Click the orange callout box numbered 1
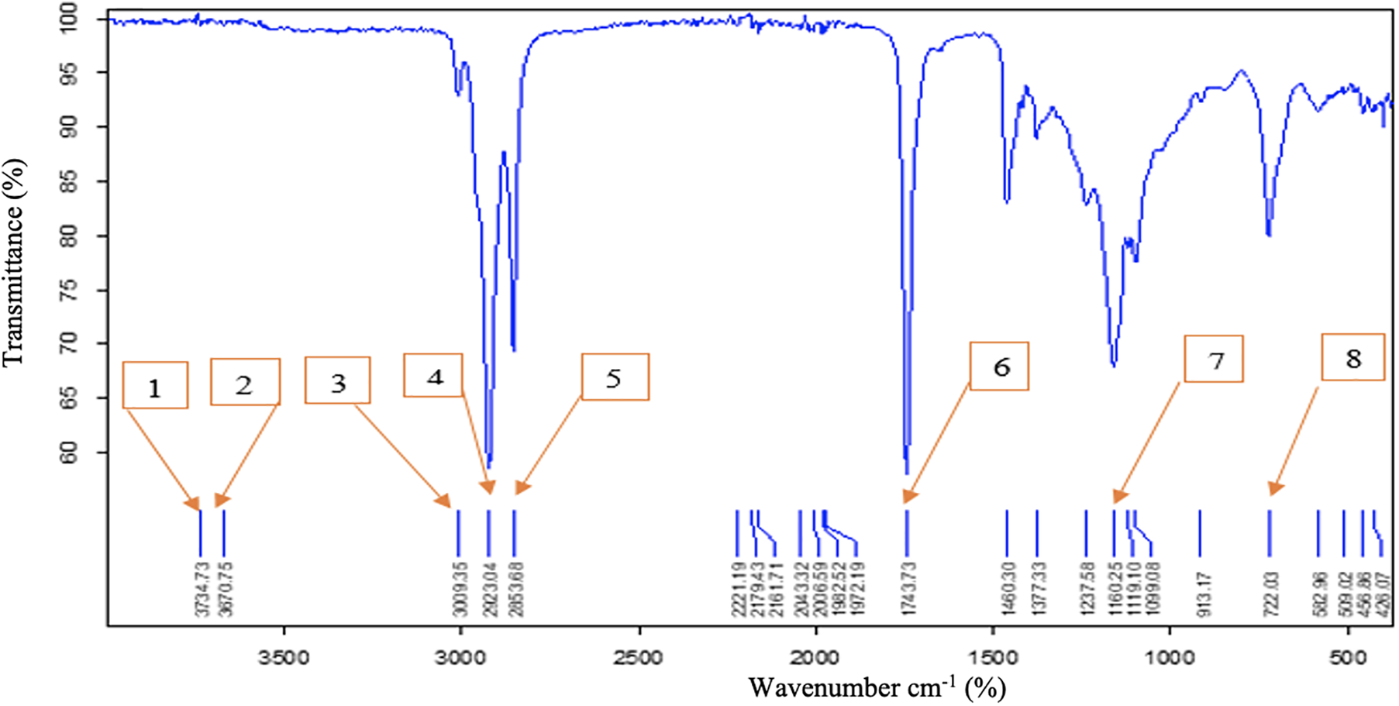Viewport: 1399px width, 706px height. [155, 385]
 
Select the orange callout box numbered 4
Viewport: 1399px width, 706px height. [433, 376]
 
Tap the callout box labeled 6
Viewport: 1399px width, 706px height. [1000, 366]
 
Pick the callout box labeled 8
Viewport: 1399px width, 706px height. [1352, 357]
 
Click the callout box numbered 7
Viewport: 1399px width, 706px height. [1214, 359]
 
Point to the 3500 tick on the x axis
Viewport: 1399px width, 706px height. [284, 658]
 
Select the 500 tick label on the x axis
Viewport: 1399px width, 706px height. [1348, 658]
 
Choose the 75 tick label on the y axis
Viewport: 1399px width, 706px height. [70, 291]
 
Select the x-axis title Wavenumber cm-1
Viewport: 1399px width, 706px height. [877, 687]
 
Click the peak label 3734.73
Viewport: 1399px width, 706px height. [203, 589]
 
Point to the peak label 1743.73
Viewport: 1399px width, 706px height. [908, 589]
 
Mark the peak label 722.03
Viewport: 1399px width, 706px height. [1270, 594]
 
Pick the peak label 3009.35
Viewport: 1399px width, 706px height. [460, 589]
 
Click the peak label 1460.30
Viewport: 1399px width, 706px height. [1008, 589]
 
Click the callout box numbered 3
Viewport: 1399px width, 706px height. [338, 381]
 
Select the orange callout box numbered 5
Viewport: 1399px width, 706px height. [615, 377]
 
